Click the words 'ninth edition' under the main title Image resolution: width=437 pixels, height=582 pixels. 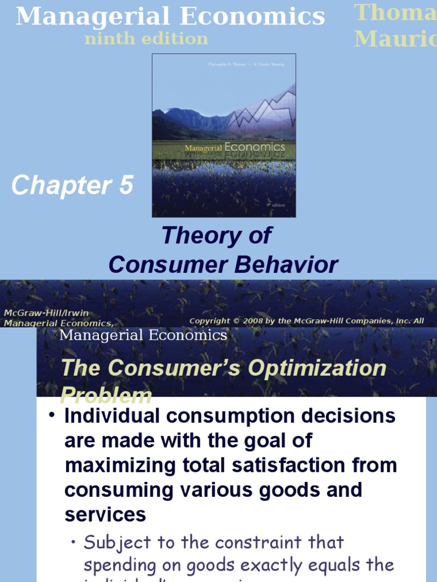pos(146,39)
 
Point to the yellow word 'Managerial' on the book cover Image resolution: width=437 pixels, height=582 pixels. pos(203,148)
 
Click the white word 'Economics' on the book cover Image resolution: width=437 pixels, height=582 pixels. pos(254,147)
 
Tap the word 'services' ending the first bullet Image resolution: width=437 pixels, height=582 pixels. pos(105,514)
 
